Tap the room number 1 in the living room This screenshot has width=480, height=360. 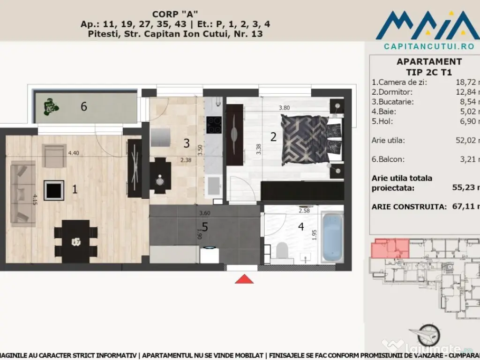74,189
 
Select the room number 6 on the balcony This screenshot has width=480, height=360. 83,106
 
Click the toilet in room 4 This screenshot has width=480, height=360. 282,251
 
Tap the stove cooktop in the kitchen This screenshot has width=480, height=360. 214,124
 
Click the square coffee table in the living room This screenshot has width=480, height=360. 54,190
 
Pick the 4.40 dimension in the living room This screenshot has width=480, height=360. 74,152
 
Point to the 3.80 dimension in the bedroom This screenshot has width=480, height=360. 284,108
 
